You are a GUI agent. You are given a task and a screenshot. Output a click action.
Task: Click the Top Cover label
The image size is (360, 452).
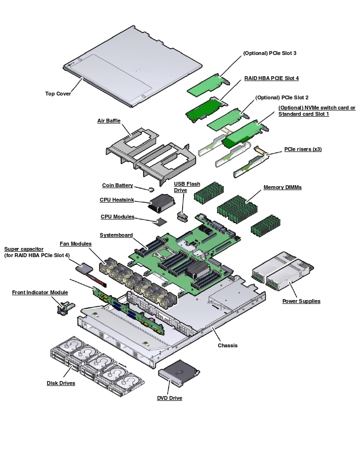point(58,94)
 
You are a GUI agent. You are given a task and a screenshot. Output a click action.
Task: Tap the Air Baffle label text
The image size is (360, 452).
point(109,121)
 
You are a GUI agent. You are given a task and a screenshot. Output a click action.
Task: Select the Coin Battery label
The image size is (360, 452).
point(118,185)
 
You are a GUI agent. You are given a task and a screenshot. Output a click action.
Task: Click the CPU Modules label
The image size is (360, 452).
point(118,217)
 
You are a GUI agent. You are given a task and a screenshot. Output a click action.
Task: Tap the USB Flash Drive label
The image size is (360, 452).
point(187,187)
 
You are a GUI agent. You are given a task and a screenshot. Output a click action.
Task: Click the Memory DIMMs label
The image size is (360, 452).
point(282,187)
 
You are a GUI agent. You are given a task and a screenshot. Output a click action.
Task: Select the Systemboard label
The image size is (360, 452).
point(116,235)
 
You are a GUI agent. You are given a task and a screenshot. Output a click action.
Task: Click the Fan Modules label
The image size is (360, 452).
point(76,244)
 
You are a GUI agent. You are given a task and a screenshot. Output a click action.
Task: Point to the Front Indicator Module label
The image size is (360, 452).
point(40,292)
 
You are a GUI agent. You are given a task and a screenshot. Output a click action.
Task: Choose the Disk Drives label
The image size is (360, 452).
point(61,383)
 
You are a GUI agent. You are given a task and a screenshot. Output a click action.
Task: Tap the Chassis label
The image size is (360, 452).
point(227,345)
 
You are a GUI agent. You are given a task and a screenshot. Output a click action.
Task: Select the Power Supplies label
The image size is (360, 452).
point(301,301)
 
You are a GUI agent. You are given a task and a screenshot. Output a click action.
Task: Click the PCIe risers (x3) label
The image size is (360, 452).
point(303,149)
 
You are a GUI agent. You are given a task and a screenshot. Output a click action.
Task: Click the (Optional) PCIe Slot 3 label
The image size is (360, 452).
point(269,53)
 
